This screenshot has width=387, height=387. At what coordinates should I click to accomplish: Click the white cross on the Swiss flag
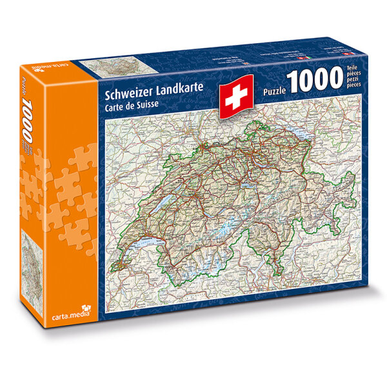tap(234, 98)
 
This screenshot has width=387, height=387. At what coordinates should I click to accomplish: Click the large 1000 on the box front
tap(318, 81)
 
